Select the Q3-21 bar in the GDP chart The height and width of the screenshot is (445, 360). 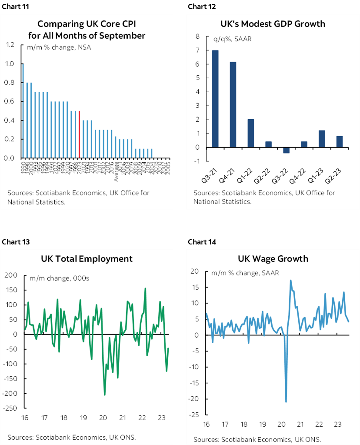(x=215, y=99)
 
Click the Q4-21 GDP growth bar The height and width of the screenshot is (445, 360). (x=233, y=104)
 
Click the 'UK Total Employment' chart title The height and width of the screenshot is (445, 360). (x=87, y=258)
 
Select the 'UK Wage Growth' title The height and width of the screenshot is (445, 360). (x=273, y=259)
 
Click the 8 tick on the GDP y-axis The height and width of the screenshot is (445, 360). (x=197, y=37)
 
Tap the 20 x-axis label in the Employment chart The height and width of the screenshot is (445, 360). (x=103, y=418)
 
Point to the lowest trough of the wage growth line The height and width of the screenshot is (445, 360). (x=286, y=401)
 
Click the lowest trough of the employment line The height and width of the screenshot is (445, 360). (x=105, y=395)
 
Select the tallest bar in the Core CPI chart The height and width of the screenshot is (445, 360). (x=23, y=110)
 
